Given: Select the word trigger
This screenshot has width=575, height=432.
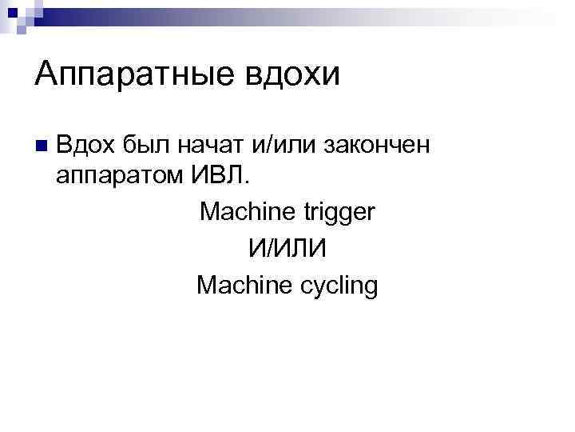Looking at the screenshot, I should pyautogui.click(x=339, y=212).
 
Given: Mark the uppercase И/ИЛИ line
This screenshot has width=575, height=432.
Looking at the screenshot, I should pyautogui.click(x=287, y=248).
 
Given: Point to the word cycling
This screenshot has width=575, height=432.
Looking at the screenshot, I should pyautogui.click(x=335, y=286).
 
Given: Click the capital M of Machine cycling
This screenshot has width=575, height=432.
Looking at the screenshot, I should pyautogui.click(x=205, y=284).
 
